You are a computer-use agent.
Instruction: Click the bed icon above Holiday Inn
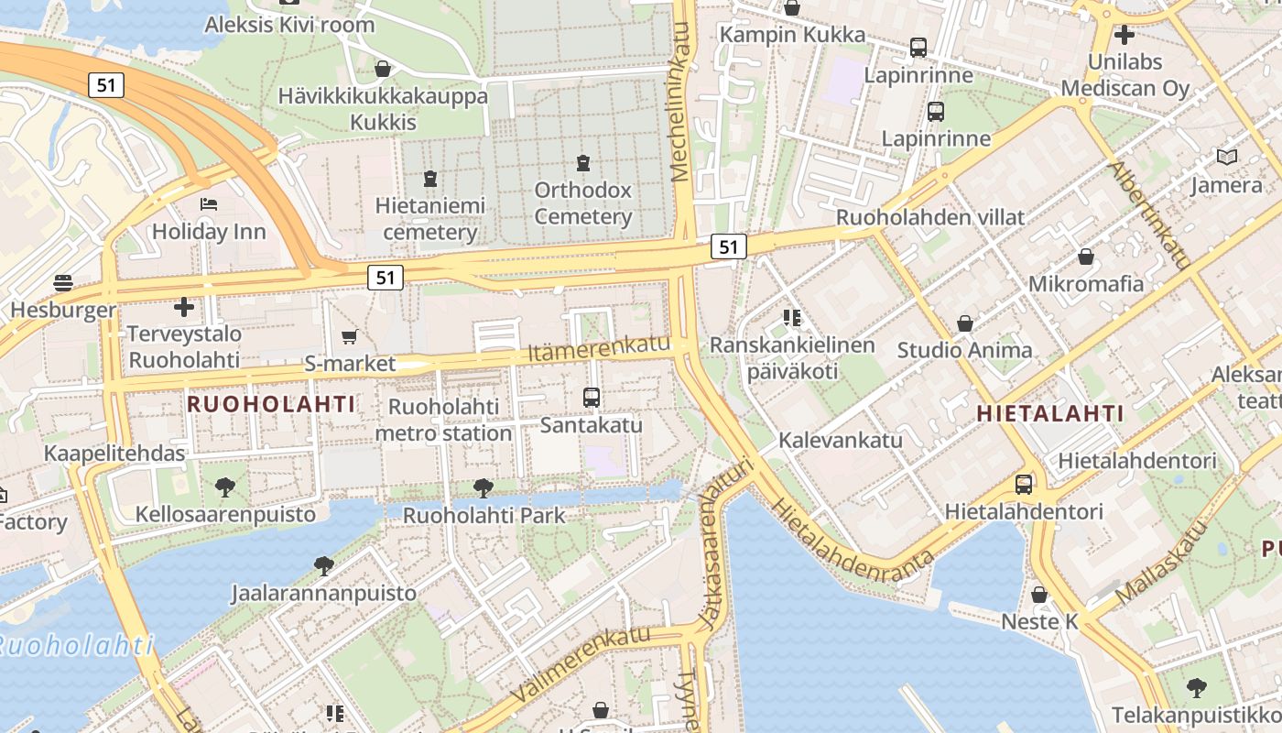click(x=209, y=203)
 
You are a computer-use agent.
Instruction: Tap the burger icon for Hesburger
click(x=63, y=282)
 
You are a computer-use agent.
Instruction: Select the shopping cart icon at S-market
click(x=349, y=337)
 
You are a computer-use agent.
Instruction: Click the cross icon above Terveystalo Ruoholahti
click(x=184, y=307)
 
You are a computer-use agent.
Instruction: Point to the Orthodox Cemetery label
click(x=583, y=203)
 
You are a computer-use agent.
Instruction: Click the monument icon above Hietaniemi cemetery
click(x=430, y=178)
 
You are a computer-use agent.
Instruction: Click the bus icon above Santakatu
click(x=592, y=398)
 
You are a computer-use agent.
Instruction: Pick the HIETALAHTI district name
click(x=1049, y=413)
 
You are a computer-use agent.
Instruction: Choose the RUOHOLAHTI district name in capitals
click(x=271, y=403)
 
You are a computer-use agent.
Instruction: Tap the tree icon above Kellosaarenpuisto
click(x=224, y=487)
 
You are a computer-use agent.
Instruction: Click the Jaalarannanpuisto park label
click(x=324, y=593)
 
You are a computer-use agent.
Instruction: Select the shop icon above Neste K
click(x=1039, y=595)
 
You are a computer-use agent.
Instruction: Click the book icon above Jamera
click(x=1227, y=157)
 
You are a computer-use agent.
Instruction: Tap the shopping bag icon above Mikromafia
click(x=1086, y=257)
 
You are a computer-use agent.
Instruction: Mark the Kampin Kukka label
click(x=792, y=35)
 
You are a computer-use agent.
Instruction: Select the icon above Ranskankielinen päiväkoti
click(x=792, y=318)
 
